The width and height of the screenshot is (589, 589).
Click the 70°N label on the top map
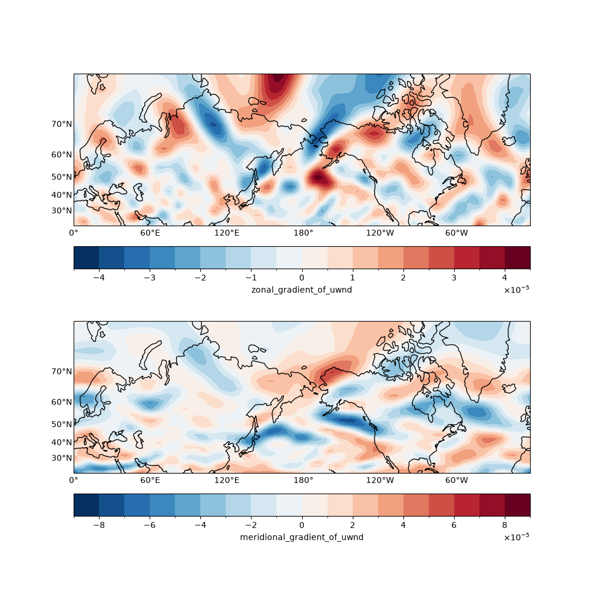(62, 124)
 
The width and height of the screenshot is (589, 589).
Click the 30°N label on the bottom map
(62, 458)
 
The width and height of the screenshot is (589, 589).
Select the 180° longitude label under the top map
(303, 233)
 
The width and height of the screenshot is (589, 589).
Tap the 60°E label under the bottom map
(150, 481)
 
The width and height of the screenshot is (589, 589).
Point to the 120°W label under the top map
(380, 233)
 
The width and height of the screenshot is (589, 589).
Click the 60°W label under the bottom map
(456, 481)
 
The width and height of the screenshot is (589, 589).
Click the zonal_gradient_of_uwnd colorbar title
(302, 290)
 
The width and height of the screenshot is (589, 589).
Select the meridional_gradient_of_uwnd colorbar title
(302, 538)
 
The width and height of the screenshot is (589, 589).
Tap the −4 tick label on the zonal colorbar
(99, 278)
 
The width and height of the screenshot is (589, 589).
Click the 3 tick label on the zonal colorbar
(454, 278)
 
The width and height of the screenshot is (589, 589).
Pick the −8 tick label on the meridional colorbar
(99, 525)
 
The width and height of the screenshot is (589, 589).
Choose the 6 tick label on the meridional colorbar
(454, 525)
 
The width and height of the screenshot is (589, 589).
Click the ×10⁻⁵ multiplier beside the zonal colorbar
(517, 289)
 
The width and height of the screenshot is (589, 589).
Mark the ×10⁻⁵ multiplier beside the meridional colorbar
(517, 537)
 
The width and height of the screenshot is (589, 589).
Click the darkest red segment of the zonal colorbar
(518, 258)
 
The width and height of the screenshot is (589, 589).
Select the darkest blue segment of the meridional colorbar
(87, 505)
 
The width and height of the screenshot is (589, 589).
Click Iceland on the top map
(509, 141)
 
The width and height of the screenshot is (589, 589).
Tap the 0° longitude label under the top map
(74, 233)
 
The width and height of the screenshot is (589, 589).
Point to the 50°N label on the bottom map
(62, 425)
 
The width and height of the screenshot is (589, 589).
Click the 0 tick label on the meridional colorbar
(302, 525)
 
